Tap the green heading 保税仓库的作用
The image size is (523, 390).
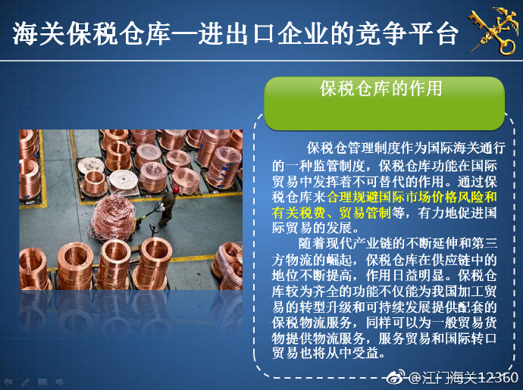pos(381,89)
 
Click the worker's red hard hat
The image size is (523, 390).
pos(177,189)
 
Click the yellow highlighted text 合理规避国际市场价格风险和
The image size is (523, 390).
pos(412,198)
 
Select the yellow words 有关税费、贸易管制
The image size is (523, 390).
pos(331,213)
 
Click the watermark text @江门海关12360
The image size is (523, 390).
pos(463,378)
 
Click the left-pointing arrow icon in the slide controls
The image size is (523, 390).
pos(8,382)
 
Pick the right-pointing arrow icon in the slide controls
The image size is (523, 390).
pos(60,382)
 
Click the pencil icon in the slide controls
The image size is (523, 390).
pos(25,382)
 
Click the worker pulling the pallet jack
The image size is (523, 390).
pos(167,207)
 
